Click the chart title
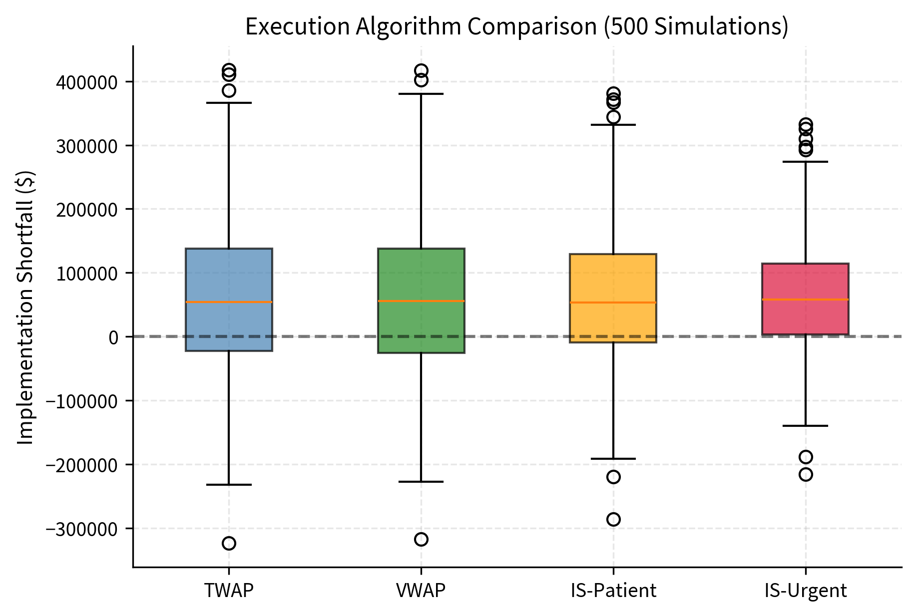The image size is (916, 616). pos(516,27)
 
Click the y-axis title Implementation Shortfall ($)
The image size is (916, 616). pos(25,308)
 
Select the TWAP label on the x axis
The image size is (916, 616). pos(229,591)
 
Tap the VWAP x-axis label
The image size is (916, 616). pos(421,591)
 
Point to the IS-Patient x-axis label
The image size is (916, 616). pos(613,591)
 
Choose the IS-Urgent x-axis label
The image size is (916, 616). pos(805,591)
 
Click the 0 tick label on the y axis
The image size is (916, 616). pos(113,337)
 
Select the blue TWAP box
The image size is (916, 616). pos(229,275)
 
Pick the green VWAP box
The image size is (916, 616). pos(421,275)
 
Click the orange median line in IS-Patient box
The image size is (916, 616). pos(613,303)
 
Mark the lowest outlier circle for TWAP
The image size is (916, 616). pos(229,543)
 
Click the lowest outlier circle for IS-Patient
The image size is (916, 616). pos(613,520)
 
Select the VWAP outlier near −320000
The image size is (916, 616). pos(421,539)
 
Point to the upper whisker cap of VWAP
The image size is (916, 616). pos(421,94)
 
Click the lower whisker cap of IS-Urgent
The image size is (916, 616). pos(805,426)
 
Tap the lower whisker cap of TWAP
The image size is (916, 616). pos(229,485)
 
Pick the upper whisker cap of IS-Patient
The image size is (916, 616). pos(613,125)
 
